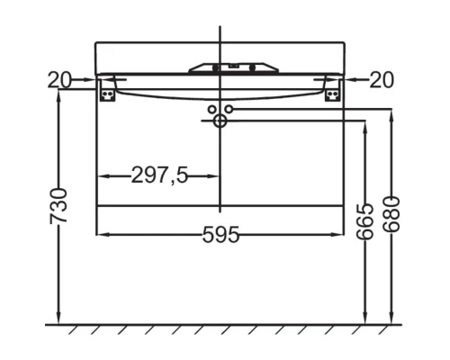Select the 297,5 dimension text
160,175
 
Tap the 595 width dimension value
220,235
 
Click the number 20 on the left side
61,81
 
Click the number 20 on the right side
382,81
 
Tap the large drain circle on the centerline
220,121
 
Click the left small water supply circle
212,109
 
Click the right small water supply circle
229,109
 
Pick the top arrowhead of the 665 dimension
364,127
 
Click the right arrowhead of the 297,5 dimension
214,175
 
